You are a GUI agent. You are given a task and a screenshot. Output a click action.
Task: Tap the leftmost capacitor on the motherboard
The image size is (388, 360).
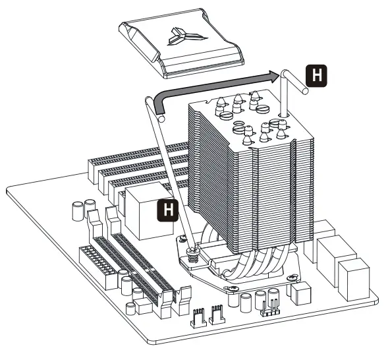[75, 210]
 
